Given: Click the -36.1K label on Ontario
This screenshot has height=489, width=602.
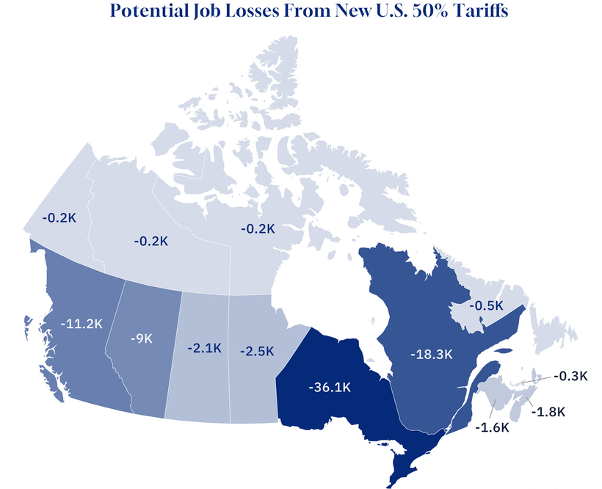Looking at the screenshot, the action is (330, 387).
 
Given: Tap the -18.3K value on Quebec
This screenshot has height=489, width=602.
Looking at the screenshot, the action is (432, 354).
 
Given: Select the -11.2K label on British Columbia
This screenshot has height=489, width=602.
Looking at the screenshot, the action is (81, 324).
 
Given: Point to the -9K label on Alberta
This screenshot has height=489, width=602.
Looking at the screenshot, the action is (142, 338).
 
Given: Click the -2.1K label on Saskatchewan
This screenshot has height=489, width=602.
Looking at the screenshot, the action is (205, 348).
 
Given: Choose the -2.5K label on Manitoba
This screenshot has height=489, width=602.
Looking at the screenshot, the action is (257, 351).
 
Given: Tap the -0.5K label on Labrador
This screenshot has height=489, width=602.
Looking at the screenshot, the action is (486, 305).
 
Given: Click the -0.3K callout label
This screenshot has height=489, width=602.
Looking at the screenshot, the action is (570, 376).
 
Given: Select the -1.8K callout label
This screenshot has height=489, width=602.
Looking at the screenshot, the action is (548, 412).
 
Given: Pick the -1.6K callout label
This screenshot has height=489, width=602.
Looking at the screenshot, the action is (492, 427).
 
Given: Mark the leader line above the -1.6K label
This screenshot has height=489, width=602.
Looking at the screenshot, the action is (493, 408).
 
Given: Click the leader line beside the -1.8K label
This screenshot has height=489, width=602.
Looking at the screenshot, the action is (529, 402).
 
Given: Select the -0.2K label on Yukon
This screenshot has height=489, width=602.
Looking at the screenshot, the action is (59, 217).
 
